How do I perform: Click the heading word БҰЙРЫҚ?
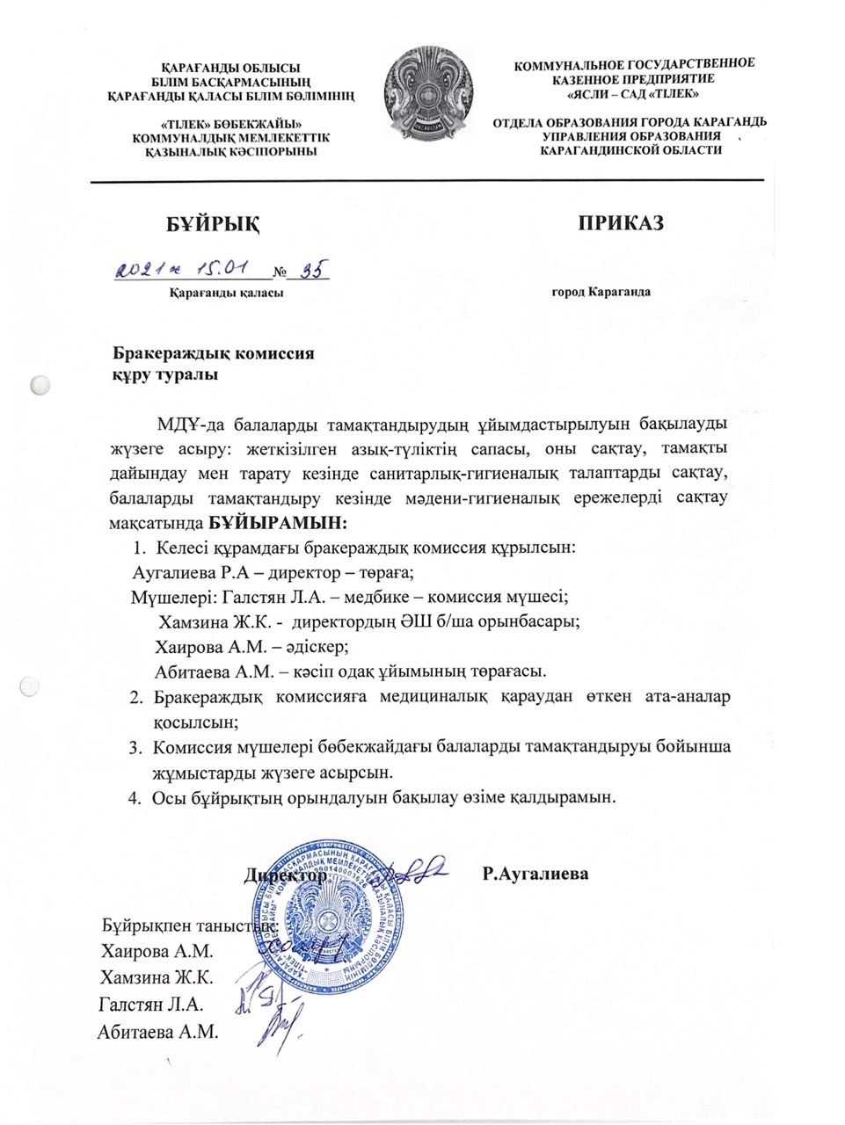[215, 222]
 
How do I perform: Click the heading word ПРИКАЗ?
[620, 221]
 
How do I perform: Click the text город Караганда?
[601, 291]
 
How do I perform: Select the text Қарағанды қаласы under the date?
[226, 292]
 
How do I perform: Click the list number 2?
[135, 698]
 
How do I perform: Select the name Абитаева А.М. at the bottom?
[158, 1031]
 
